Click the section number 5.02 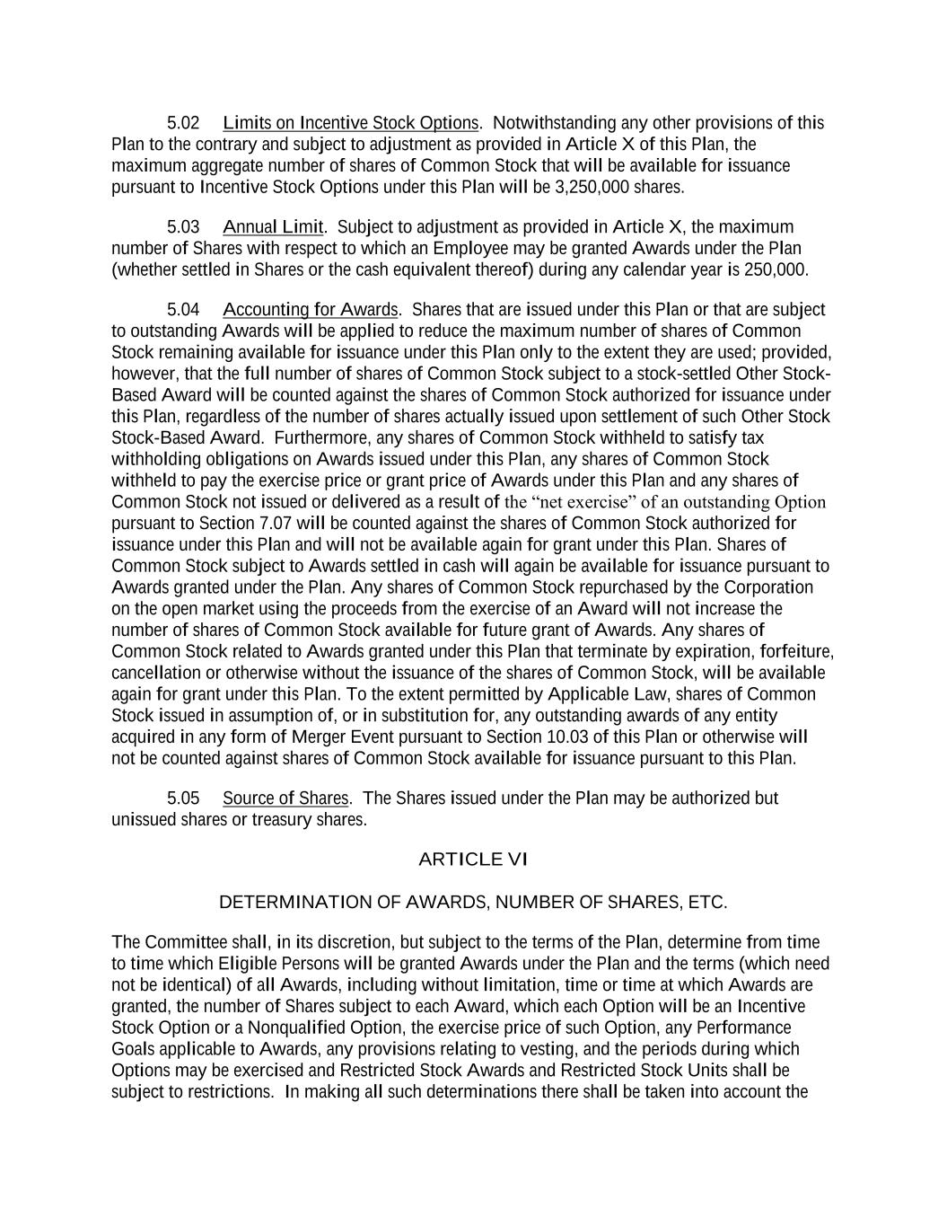tap(183, 123)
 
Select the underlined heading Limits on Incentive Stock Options tap(350, 123)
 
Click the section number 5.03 tap(183, 226)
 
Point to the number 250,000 tap(775, 269)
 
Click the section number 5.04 tap(183, 310)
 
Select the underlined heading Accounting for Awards tap(310, 310)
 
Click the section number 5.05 tap(183, 798)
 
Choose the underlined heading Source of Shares tap(285, 798)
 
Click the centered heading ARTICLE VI tap(473, 860)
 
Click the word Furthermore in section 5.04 tap(317, 437)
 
